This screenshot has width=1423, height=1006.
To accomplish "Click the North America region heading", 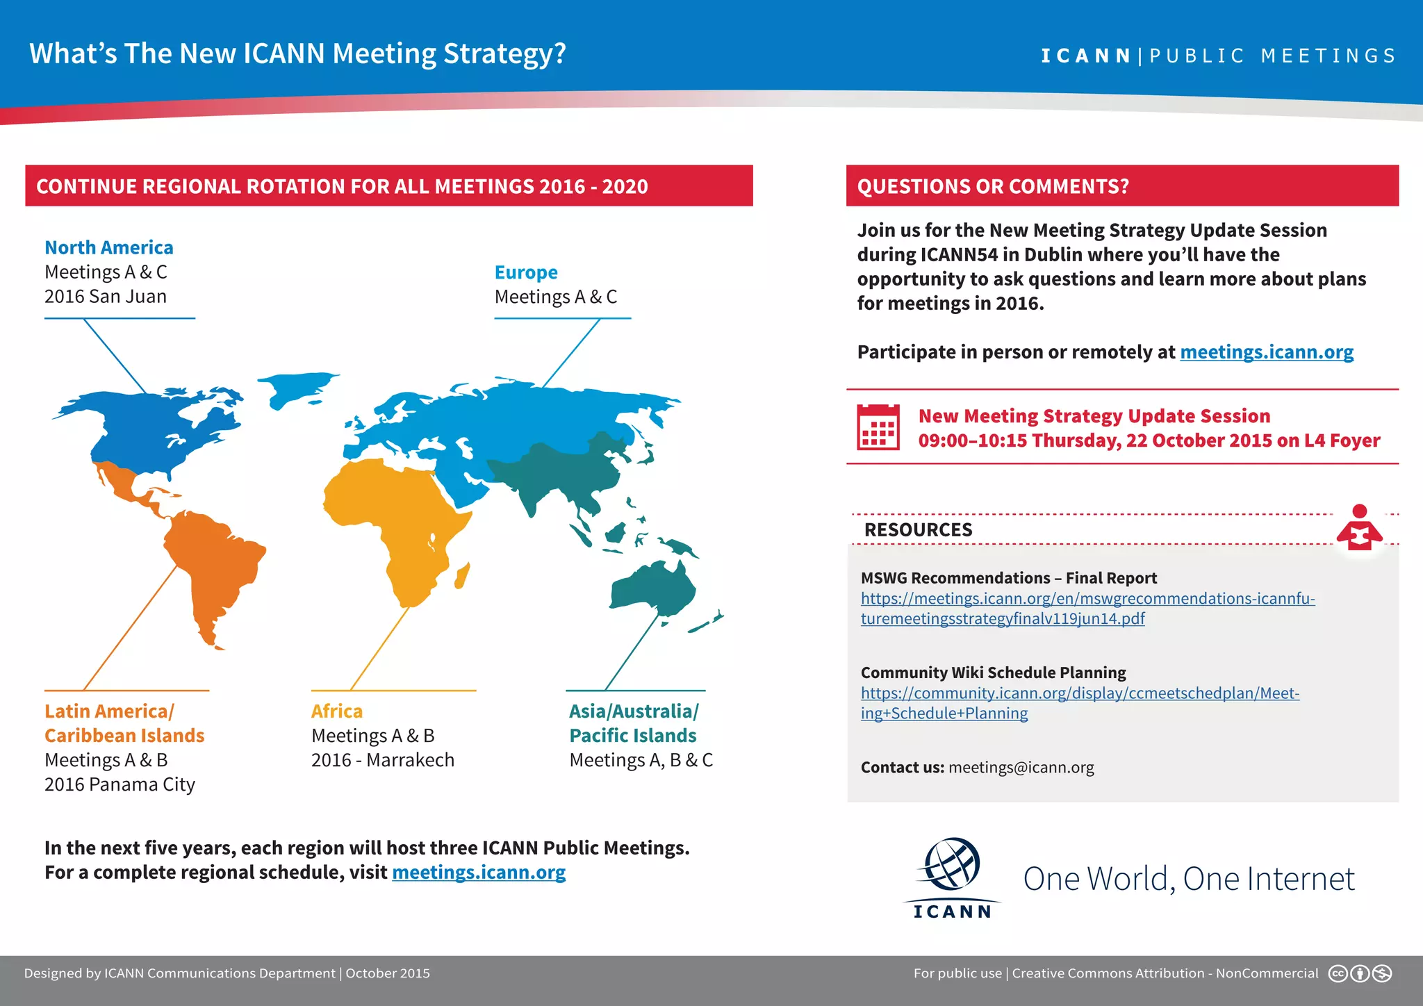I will coord(109,247).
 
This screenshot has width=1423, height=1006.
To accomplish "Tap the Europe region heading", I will coord(526,272).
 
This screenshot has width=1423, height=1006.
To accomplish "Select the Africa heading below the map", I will coord(337,711).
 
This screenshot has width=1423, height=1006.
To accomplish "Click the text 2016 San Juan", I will coord(106,297).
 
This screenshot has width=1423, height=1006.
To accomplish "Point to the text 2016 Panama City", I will coord(120,784).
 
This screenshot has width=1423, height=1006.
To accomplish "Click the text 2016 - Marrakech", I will coord(383,760).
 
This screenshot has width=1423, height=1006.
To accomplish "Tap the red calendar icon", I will coord(878,427).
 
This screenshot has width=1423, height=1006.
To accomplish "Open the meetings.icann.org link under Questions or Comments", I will coord(1267,352).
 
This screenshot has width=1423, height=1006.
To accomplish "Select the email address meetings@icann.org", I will coord(1021,768).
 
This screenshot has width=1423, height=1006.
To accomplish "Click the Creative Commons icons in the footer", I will coord(1360,973).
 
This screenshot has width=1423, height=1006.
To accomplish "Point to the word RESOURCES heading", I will coord(918,529).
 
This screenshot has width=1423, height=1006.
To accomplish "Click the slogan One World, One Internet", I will coord(1189,879).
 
